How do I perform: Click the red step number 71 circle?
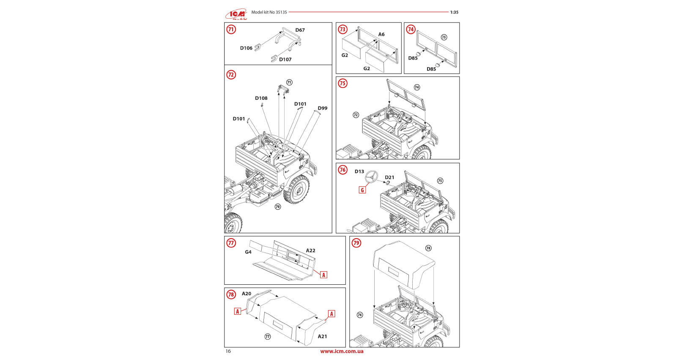click(231, 29)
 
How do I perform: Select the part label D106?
click(246, 48)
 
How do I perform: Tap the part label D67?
click(300, 30)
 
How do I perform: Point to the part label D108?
click(261, 98)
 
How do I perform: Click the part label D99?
click(322, 108)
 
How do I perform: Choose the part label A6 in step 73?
click(381, 35)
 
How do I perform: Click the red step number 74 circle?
click(411, 29)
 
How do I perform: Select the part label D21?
click(389, 178)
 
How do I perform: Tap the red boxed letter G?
click(362, 190)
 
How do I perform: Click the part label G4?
click(248, 252)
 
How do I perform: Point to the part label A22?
click(310, 251)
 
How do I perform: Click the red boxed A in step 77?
click(323, 275)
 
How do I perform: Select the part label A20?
click(247, 294)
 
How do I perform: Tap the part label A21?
click(322, 337)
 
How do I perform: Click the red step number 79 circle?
click(356, 243)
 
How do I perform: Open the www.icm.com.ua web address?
click(342, 351)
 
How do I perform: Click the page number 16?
click(228, 351)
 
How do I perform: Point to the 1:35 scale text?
click(454, 12)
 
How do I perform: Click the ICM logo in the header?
click(236, 15)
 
